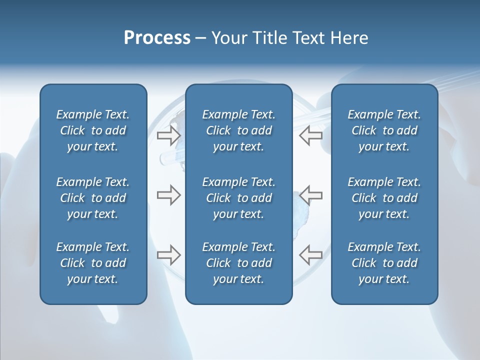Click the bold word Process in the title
(x=157, y=38)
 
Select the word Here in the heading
(x=349, y=38)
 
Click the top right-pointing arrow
(x=168, y=135)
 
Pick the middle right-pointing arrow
(x=168, y=195)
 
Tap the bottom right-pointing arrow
(x=168, y=255)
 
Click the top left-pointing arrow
(x=310, y=135)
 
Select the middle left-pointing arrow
(x=310, y=195)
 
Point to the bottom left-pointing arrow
(x=310, y=255)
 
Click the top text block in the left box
(x=93, y=130)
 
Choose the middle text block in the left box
(x=93, y=198)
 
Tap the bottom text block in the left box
(x=93, y=263)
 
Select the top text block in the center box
(x=238, y=130)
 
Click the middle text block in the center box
(x=238, y=198)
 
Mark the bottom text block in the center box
(x=238, y=263)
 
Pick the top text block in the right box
(x=384, y=130)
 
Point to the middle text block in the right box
(x=384, y=198)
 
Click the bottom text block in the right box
(x=384, y=263)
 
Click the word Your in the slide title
(x=227, y=38)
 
